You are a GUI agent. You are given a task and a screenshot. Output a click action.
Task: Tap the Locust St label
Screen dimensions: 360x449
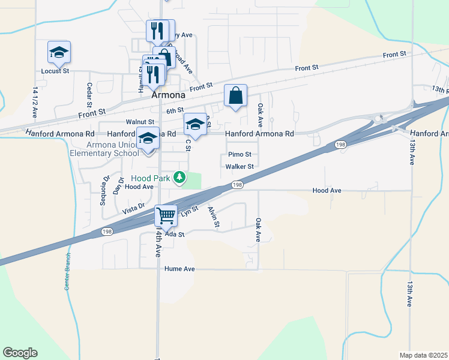pyautogui.click(x=55, y=71)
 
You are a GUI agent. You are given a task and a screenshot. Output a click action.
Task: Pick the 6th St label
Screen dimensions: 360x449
pyautogui.click(x=175, y=111)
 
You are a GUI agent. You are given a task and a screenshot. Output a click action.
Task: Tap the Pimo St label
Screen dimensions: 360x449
pyautogui.click(x=240, y=154)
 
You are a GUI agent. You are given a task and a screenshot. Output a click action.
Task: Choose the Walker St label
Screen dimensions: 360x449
pyautogui.click(x=240, y=166)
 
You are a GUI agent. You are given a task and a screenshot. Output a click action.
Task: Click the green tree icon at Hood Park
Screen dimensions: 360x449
pyautogui.click(x=179, y=177)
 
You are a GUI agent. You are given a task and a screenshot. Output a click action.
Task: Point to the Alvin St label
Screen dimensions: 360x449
pyautogui.click(x=214, y=217)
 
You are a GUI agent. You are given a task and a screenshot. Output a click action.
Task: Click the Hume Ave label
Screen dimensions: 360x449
pyautogui.click(x=180, y=269)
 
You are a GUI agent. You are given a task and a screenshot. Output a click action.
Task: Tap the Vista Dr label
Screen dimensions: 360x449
pyautogui.click(x=134, y=209)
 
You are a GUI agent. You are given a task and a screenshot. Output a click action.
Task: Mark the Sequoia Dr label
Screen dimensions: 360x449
pyautogui.click(x=101, y=190)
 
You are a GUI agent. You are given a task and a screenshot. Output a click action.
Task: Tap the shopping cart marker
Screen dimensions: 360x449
pyautogui.click(x=166, y=215)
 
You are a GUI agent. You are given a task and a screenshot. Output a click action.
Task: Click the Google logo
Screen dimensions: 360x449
pyautogui.click(x=20, y=353)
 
